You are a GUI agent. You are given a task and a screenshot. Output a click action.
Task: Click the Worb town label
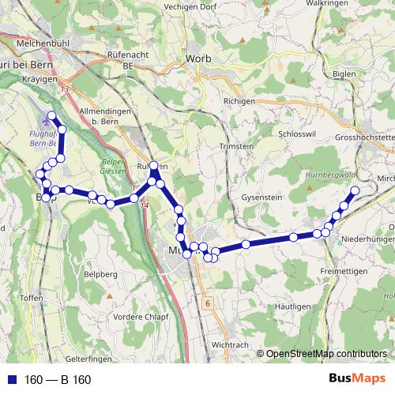(197, 58)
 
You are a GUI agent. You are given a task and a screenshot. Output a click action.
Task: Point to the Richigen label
(239, 102)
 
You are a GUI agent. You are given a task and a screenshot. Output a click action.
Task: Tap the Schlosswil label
(297, 134)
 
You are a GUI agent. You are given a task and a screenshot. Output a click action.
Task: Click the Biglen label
(345, 73)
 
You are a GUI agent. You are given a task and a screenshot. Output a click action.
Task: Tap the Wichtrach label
(231, 346)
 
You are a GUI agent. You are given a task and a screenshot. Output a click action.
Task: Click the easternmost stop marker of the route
(355, 190)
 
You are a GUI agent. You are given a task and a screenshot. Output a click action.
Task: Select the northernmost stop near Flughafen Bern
(52, 116)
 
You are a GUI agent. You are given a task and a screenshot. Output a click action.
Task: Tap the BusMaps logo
(356, 379)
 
